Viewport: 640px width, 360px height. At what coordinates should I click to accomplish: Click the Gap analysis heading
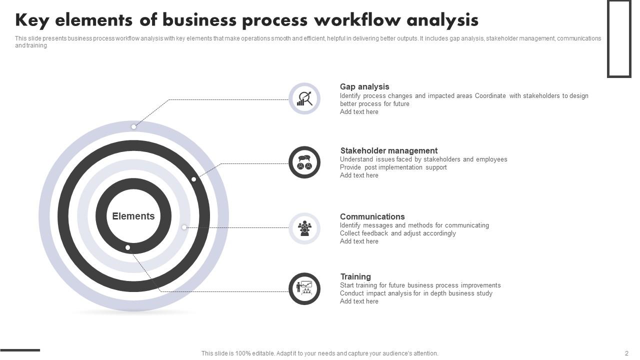click(364, 87)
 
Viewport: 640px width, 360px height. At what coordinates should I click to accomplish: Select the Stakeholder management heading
click(388, 150)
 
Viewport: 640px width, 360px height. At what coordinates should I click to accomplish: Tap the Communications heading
click(372, 216)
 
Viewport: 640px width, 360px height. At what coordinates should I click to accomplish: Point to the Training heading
click(355, 276)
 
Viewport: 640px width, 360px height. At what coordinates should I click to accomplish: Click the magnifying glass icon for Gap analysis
click(304, 98)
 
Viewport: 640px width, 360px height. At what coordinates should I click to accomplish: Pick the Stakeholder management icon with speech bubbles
click(304, 162)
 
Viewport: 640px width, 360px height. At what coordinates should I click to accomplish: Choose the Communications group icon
click(304, 228)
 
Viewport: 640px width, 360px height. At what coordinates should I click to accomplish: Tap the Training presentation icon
click(304, 288)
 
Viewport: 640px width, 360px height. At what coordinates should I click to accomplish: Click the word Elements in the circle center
click(133, 216)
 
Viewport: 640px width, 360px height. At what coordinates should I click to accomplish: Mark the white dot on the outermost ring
click(133, 127)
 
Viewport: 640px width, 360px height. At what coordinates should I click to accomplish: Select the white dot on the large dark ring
click(193, 179)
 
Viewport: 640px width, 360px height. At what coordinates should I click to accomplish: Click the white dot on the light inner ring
click(184, 227)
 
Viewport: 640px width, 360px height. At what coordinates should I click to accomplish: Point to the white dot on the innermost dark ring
click(127, 247)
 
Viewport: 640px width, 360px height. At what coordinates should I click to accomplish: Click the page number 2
click(626, 353)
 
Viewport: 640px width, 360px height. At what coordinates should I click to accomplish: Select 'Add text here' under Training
click(359, 301)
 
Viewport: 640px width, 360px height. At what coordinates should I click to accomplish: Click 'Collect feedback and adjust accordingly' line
click(397, 233)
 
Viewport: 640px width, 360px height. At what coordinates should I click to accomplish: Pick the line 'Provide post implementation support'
click(393, 167)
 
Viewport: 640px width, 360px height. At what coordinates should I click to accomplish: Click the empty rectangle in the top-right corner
click(619, 38)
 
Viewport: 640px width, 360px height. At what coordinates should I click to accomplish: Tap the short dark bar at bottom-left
click(20, 350)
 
